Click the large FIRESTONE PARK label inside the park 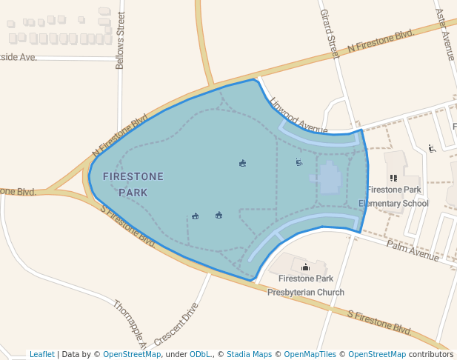pyautogui.click(x=133, y=184)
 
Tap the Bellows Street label pyautogui.click(x=121, y=41)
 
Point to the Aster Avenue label pyautogui.click(x=447, y=33)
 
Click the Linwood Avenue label pyautogui.click(x=298, y=113)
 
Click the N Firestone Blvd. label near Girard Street pyautogui.click(x=380, y=41)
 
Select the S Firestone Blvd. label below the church pyautogui.click(x=379, y=320)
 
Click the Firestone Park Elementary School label pyautogui.click(x=393, y=196)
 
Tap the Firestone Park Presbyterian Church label pyautogui.click(x=305, y=285)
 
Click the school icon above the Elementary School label pyautogui.click(x=393, y=178)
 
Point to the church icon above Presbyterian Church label pyautogui.click(x=305, y=267)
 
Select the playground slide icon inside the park pyautogui.click(x=298, y=162)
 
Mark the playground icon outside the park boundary pyautogui.click(x=432, y=148)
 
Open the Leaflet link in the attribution pyautogui.click(x=41, y=354)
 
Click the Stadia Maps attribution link pyautogui.click(x=249, y=354)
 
